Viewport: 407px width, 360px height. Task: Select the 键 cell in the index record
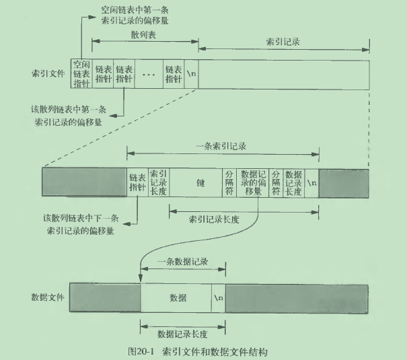coord(200,182)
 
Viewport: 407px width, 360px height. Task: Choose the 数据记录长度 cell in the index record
coord(293,182)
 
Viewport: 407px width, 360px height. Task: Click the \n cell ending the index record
coord(311,182)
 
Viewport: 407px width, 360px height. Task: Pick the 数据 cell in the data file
coord(177,297)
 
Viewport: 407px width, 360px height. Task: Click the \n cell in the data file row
coord(219,297)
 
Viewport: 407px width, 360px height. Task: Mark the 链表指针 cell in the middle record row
coord(137,182)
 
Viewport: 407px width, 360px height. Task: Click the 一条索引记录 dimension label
coord(222,145)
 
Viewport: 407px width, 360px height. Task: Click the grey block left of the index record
coord(84,182)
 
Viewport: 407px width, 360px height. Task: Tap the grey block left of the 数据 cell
coord(105,297)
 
